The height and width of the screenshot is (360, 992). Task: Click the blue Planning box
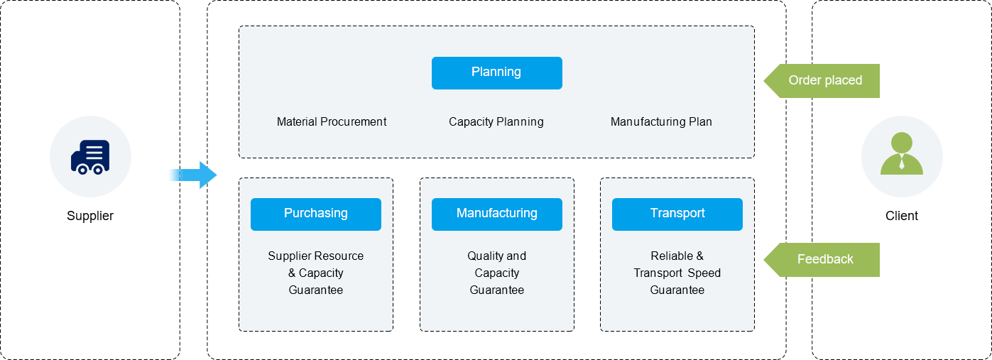click(496, 72)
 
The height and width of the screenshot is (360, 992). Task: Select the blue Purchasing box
click(315, 214)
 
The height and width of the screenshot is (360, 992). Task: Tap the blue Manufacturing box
click(496, 214)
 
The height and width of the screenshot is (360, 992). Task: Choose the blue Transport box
click(677, 214)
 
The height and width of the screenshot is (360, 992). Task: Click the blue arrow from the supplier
click(194, 175)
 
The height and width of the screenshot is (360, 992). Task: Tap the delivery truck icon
click(90, 157)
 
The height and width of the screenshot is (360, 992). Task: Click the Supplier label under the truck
click(90, 216)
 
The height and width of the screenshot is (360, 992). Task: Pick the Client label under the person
click(901, 216)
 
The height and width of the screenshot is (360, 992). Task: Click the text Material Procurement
click(332, 121)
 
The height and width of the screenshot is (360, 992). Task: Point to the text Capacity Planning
click(496, 121)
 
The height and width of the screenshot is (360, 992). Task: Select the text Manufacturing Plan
click(661, 121)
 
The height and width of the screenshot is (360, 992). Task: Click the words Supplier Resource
click(315, 256)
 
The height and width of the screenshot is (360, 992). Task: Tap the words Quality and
click(496, 256)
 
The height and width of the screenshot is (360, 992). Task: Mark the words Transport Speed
click(677, 273)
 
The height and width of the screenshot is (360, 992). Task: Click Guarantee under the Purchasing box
click(315, 290)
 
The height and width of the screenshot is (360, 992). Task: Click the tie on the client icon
click(901, 163)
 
